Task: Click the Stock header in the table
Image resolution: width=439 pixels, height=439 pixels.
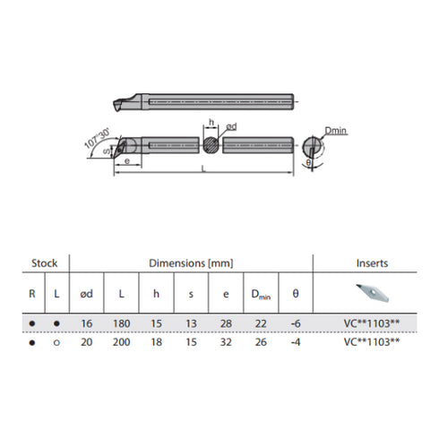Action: [45, 263]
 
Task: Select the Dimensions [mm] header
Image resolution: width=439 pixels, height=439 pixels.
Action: [190, 263]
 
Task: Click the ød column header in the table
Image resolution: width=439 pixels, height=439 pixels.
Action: [88, 293]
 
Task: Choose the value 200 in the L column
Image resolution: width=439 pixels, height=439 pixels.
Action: [121, 340]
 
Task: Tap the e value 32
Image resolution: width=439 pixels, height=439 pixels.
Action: [224, 340]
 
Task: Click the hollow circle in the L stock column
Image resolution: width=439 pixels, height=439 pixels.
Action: [56, 341]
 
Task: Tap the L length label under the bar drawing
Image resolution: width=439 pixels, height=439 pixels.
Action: [205, 169]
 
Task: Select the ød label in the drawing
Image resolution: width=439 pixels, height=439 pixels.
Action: [229, 127]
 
